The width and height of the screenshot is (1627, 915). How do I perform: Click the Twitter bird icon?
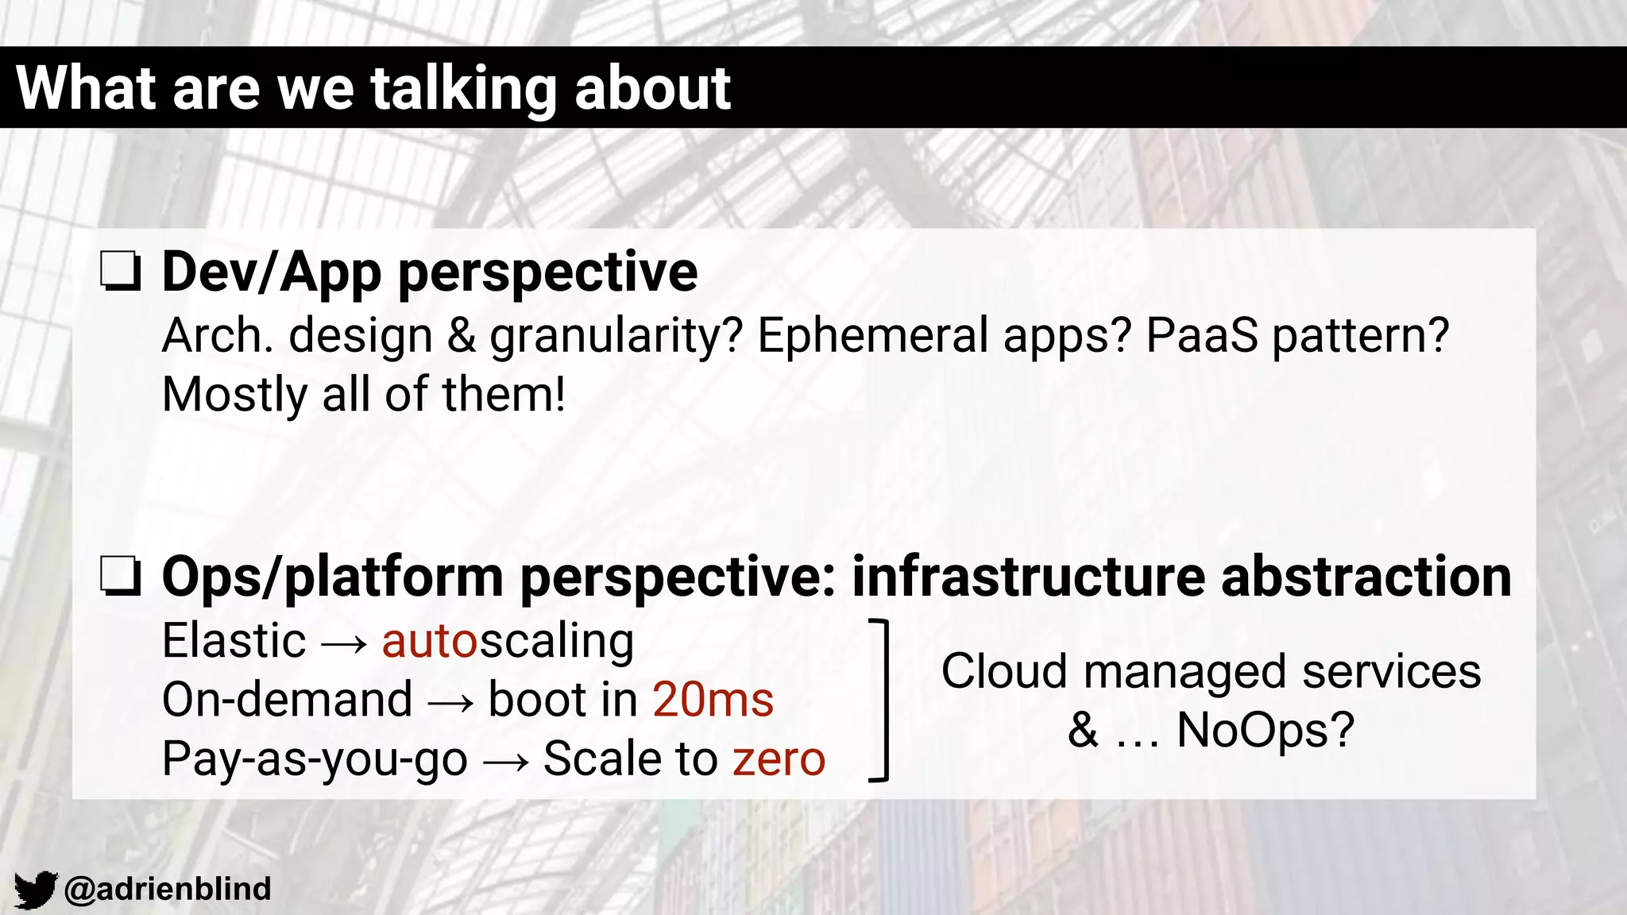[35, 890]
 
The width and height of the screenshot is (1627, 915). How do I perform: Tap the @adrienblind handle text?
[168, 889]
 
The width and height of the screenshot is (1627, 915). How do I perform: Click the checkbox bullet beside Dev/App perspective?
[121, 272]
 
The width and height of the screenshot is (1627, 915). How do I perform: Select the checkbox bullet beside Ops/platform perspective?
[121, 577]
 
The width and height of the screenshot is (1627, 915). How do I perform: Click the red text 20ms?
[713, 700]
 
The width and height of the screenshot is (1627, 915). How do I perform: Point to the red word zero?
[779, 759]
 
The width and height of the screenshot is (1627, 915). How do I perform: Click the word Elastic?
[234, 640]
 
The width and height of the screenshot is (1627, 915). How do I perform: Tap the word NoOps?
[1265, 730]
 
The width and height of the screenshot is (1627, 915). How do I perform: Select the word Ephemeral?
[873, 335]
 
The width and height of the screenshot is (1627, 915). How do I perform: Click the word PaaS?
[1202, 335]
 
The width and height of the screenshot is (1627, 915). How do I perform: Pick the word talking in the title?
[464, 88]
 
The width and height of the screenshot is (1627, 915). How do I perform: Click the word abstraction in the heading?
[1366, 577]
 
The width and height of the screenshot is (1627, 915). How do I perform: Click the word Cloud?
[1003, 671]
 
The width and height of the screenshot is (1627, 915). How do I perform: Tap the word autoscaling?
[508, 642]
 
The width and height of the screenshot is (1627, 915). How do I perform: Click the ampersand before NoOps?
[1083, 729]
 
